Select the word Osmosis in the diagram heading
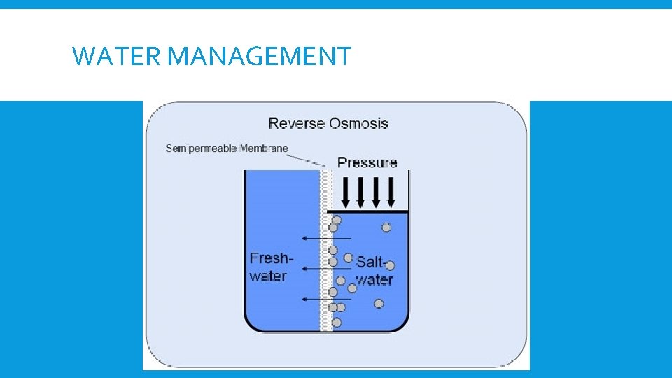[360, 124]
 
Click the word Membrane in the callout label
[265, 148]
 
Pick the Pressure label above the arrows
[367, 162]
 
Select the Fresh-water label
[271, 267]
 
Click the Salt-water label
[373, 271]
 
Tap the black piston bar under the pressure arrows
[369, 211]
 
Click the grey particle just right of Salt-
[391, 265]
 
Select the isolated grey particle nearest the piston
[386, 227]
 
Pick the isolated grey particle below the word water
[379, 303]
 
